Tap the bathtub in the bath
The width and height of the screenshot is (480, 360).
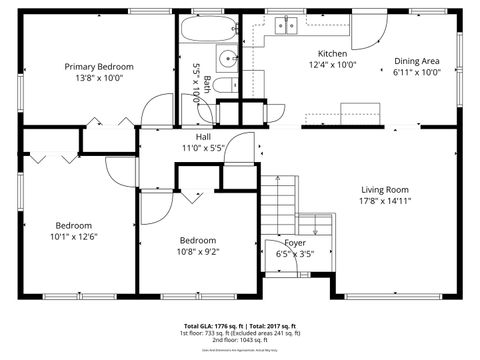coord(206,27)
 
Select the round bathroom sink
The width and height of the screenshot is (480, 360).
coord(226,57)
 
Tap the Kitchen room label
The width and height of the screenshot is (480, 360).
coord(332,54)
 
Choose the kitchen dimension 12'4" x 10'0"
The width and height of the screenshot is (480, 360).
coord(332,65)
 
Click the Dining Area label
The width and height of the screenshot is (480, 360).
coord(416,61)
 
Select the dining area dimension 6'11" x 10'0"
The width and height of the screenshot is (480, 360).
coord(416,72)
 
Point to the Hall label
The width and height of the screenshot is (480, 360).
coord(203,137)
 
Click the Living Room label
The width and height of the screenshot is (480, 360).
coord(385,189)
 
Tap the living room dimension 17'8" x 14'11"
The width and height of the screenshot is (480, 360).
coord(385,200)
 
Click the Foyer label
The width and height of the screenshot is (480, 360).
coord(295,243)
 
